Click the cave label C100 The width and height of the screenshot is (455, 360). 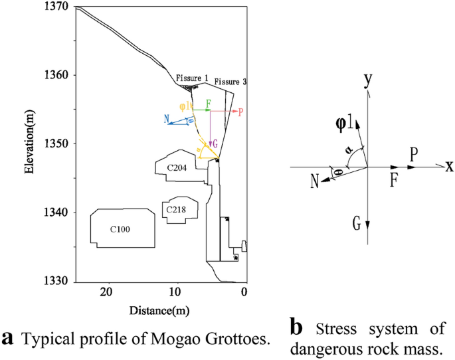(120, 229)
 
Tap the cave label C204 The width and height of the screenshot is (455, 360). (175, 168)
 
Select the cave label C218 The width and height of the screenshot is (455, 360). (175, 210)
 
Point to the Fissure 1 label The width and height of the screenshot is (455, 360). (191, 78)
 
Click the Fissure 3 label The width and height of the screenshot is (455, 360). (230, 82)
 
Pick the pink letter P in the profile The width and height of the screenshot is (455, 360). (240, 112)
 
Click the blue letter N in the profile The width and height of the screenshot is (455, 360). (167, 120)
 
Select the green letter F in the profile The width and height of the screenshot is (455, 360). (208, 104)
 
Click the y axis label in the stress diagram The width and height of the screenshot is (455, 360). (366, 80)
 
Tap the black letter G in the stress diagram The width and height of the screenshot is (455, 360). (357, 225)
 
